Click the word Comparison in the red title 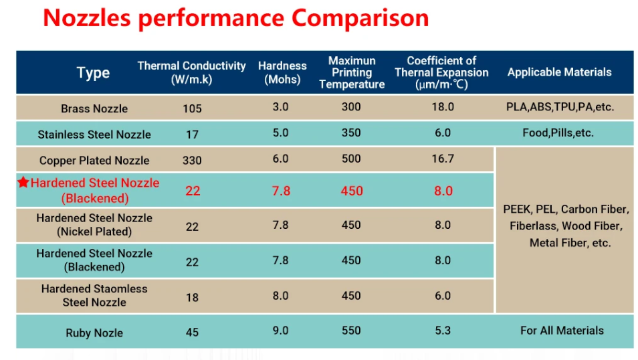point(360,18)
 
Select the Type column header point(93,73)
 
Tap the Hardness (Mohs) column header point(282,72)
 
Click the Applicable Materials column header point(559,72)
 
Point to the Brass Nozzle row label point(94,108)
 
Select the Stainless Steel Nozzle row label point(94,134)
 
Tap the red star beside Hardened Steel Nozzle point(23,182)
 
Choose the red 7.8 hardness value point(282,191)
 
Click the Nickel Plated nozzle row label point(94,225)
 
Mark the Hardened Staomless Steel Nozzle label point(94,295)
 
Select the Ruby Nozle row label point(94,333)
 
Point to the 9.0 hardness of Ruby point(281,331)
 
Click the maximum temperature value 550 point(351,331)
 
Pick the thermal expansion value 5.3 point(443,331)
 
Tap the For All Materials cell point(562,331)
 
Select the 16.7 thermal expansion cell point(443,159)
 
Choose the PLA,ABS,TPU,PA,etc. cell point(560,106)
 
